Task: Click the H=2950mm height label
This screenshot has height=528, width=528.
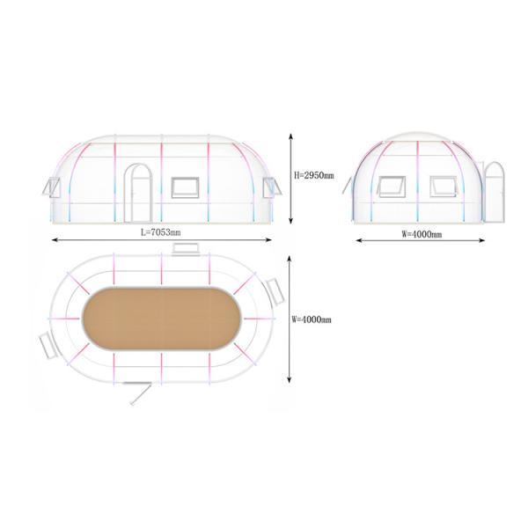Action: [x=314, y=175]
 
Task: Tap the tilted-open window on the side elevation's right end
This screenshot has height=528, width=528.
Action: [x=268, y=187]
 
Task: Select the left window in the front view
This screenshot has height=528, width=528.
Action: [x=391, y=187]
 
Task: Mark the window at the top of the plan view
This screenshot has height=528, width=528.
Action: [x=185, y=251]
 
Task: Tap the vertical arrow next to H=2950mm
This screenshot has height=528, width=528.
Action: [x=291, y=178]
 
